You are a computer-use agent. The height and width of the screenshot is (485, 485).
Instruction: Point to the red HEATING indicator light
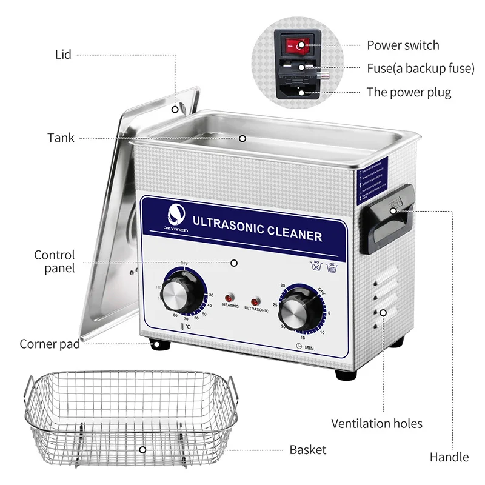tap(229, 298)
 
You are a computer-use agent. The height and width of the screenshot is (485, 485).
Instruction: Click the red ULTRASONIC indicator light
tap(255, 300)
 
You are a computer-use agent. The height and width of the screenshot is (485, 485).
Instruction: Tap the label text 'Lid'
tap(63, 55)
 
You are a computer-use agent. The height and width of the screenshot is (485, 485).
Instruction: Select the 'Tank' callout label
tap(61, 138)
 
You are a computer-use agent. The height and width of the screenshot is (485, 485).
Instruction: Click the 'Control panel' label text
tap(55, 261)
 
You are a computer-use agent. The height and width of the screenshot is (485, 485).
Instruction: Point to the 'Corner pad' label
tap(50, 344)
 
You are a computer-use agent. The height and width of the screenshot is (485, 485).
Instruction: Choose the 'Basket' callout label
tap(307, 449)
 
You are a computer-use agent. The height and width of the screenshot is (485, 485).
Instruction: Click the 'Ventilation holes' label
tap(376, 423)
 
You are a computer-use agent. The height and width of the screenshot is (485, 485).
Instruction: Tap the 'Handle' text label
tap(449, 457)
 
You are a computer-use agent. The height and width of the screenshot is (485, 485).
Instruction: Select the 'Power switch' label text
tap(403, 45)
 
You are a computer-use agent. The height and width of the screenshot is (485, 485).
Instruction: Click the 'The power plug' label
tap(409, 92)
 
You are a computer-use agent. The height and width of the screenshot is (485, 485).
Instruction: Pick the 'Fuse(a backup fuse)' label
tap(420, 69)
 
